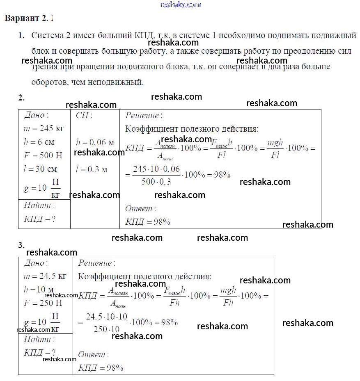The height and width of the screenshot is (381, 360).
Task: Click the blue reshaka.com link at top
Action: point(180,5)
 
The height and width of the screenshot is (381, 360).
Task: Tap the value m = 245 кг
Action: point(44,128)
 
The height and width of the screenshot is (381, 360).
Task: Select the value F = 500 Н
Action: point(43,155)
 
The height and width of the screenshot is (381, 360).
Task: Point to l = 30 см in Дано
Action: point(41,169)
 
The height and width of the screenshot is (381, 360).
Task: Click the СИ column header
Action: point(85,116)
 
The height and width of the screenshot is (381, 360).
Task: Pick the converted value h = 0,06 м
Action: point(95,142)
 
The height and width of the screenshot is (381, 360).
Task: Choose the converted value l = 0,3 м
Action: point(92,169)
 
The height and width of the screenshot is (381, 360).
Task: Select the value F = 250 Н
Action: point(43,303)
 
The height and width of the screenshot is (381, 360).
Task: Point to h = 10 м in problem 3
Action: point(39,290)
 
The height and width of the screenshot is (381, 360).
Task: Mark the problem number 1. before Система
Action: point(21,36)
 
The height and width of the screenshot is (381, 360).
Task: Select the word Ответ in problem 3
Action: point(94,354)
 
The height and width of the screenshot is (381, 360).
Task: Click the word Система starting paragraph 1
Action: point(47,36)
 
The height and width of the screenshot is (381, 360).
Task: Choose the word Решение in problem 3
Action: point(97,263)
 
